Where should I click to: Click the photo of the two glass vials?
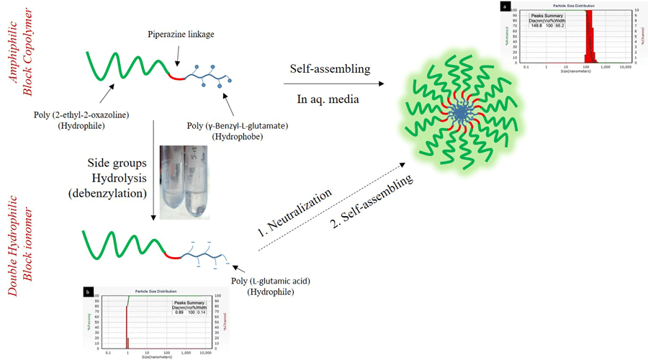pyautogui.click(x=178, y=179)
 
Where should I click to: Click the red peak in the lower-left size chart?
pyautogui.click(x=127, y=317)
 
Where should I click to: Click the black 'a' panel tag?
pyautogui.click(x=506, y=6)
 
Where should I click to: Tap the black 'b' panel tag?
pyautogui.click(x=88, y=291)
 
